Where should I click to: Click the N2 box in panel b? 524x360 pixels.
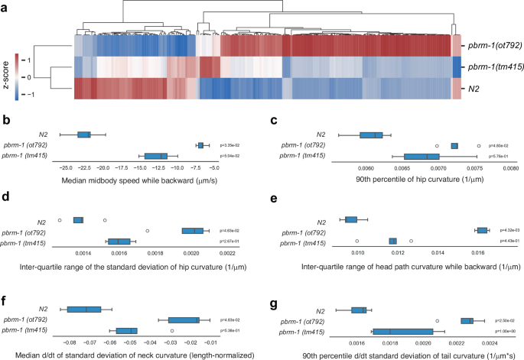pos(84,135)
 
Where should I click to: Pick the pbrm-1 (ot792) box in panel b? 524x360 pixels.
pos(200,144)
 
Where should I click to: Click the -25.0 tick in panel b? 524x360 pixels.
pos(66,165)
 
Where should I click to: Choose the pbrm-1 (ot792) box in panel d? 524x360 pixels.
pos(193,230)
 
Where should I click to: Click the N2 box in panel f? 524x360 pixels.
pos(83,310)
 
